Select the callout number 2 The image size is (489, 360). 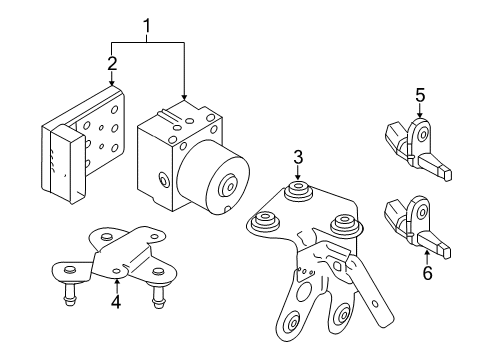point(112,63)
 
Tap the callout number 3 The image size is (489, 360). point(298,157)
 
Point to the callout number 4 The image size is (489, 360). point(116,301)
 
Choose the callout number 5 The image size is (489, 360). point(420,95)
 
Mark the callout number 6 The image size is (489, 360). point(427,272)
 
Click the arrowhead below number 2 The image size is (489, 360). point(112,83)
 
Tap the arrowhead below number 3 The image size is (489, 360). point(298,178)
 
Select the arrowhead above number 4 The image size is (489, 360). point(116,282)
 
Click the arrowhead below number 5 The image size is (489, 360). point(420,115)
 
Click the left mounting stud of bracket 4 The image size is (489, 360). point(69,290)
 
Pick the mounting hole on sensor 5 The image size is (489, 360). point(423,135)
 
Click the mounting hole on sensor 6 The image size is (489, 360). point(423,211)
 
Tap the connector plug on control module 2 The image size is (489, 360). point(68,164)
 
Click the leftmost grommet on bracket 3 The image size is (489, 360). point(265,222)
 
